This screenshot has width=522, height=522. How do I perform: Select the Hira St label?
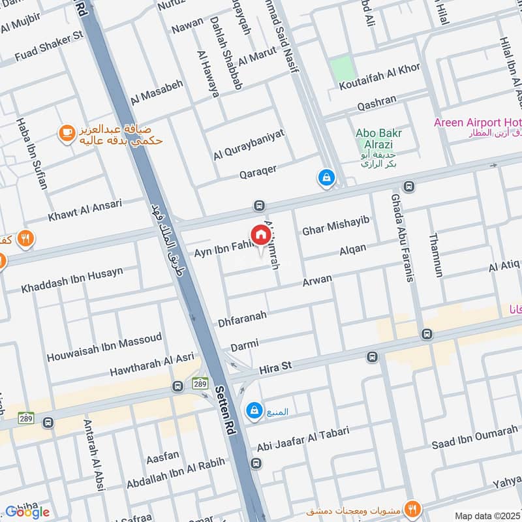[x=275, y=369]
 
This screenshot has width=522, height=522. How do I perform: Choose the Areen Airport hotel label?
[x=477, y=123]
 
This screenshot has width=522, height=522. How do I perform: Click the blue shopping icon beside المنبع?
[x=253, y=410]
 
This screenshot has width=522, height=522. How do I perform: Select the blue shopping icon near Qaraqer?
[x=325, y=176]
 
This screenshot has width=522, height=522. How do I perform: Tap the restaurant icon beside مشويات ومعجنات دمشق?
[x=412, y=508]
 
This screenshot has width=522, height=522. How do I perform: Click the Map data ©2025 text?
[x=487, y=515]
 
